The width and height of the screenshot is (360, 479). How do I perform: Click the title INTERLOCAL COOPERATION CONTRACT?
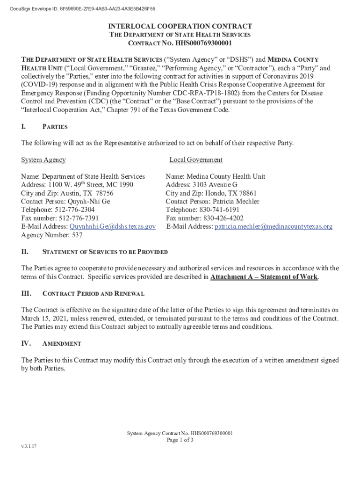(180, 27)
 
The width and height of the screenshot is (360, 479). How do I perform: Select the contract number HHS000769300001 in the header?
(203, 44)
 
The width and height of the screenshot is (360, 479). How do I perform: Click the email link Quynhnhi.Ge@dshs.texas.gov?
(112, 227)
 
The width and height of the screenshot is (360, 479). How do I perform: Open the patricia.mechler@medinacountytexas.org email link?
(274, 227)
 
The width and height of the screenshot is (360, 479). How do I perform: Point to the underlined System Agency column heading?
(43, 160)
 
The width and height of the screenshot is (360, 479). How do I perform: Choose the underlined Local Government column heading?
(196, 160)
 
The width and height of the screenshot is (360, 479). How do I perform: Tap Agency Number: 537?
(51, 235)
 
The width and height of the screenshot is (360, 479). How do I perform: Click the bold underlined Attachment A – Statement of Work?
(264, 277)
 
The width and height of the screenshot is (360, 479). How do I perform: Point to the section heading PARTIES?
(55, 127)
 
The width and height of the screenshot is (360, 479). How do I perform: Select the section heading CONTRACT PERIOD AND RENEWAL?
(94, 294)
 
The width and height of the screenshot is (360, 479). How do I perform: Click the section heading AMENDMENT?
(62, 344)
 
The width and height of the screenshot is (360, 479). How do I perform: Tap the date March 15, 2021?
(47, 319)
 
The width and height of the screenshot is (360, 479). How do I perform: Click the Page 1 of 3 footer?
(180, 440)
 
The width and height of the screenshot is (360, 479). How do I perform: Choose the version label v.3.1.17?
(29, 446)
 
